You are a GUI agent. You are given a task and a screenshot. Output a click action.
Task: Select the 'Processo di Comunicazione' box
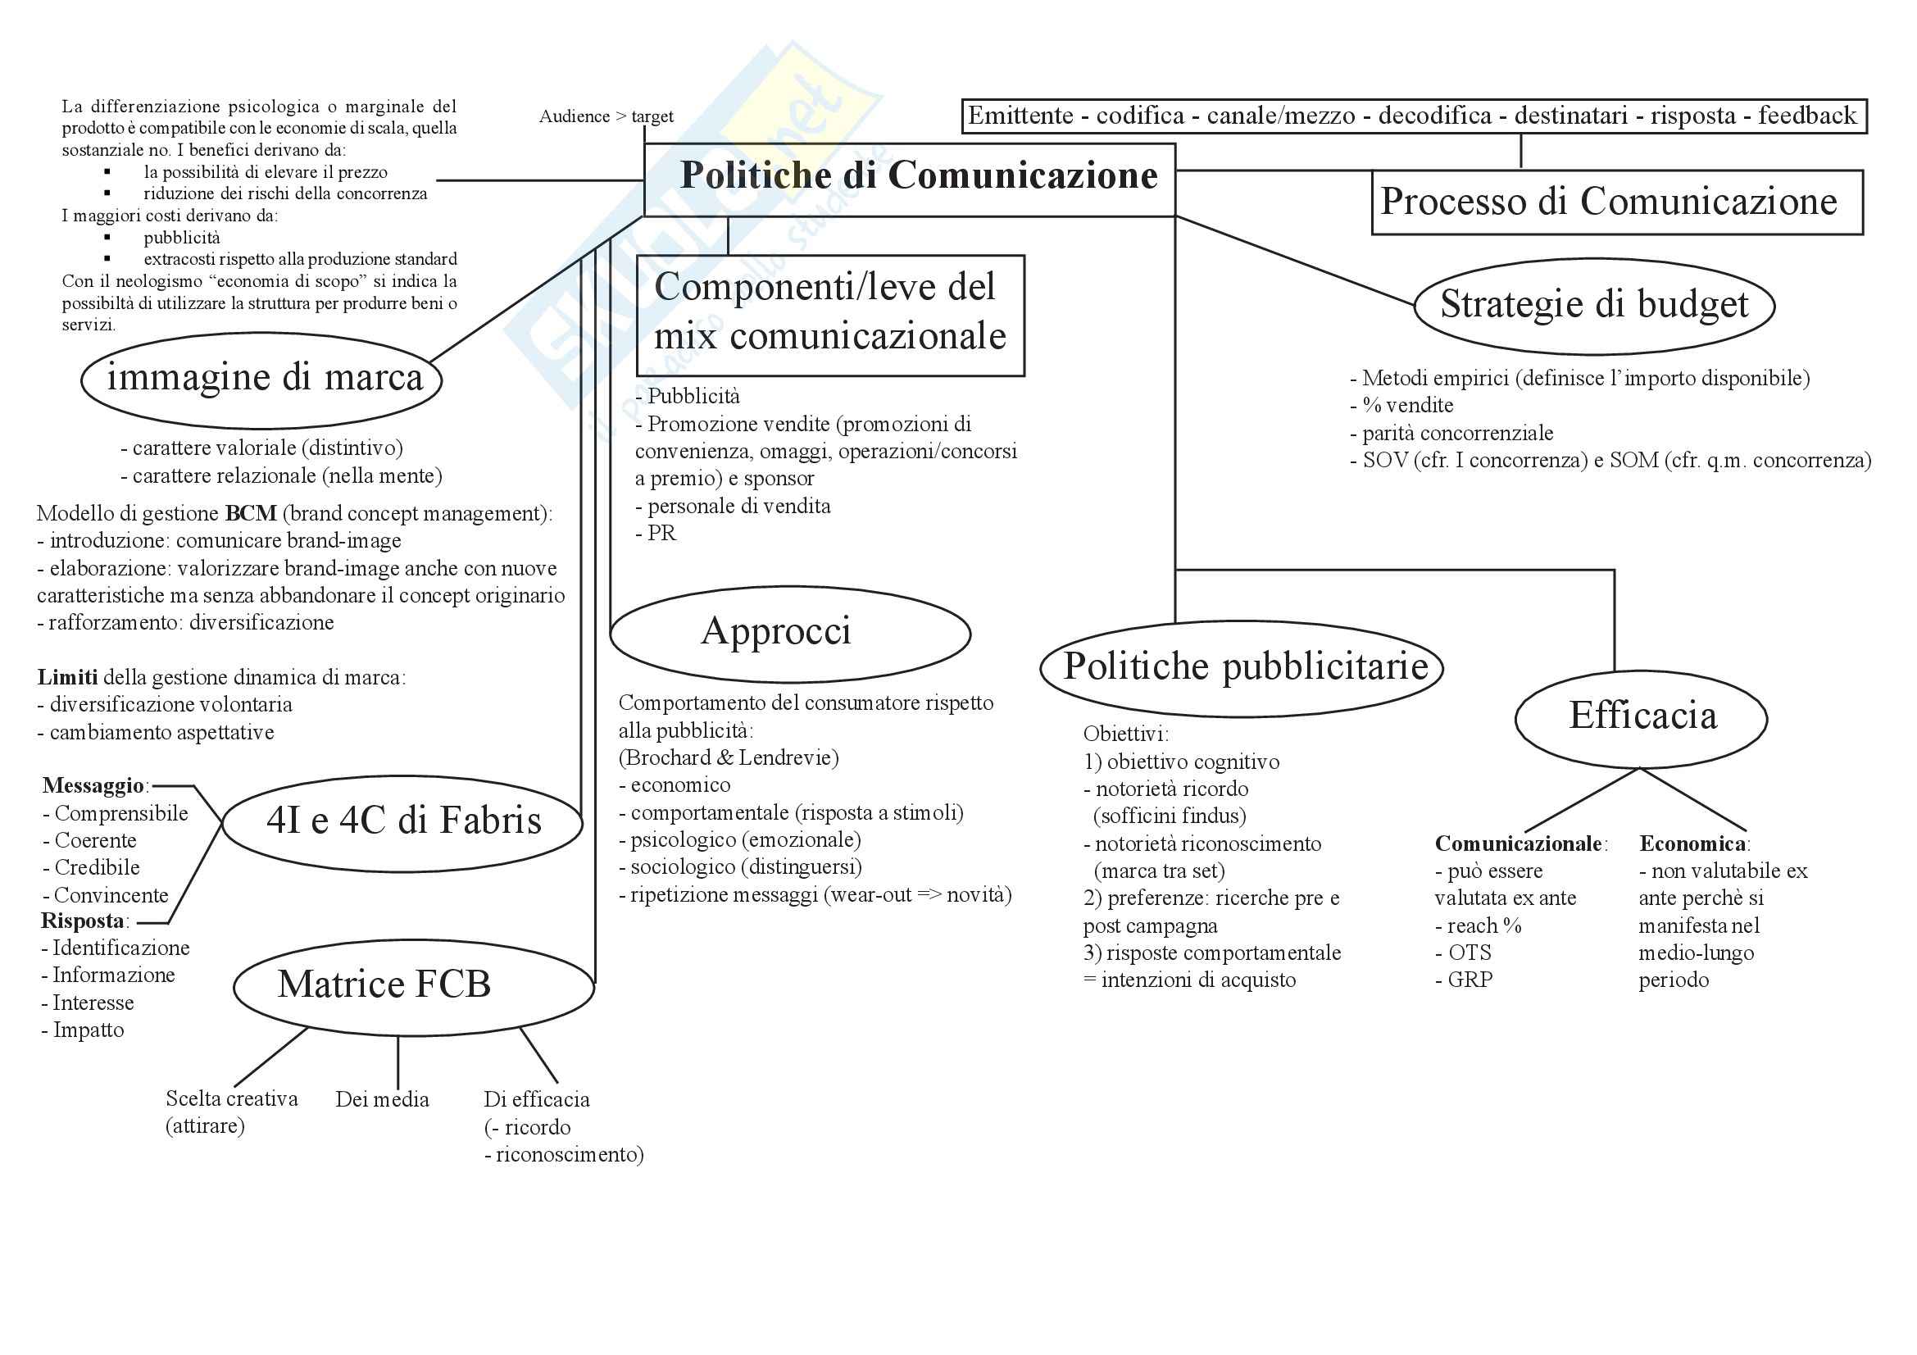pos(1616,202)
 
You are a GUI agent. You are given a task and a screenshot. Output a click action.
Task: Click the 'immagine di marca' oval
pos(262,380)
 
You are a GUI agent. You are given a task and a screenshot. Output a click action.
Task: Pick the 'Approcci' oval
pos(789,633)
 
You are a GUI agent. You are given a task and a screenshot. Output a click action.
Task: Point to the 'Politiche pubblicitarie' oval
pos(1242,668)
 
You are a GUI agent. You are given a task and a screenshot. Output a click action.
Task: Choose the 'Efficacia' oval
pos(1641,717)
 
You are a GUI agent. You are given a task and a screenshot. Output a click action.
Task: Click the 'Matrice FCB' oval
pos(413,986)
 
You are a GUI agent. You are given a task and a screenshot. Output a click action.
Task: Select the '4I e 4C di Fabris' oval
pos(403,821)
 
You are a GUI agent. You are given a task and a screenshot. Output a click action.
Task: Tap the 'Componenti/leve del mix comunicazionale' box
pos(830,315)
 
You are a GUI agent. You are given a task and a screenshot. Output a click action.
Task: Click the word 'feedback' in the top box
pos(1807,116)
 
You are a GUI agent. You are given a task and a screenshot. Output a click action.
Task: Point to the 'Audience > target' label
pos(606,117)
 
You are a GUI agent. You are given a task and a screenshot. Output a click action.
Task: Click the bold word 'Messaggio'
pos(93,785)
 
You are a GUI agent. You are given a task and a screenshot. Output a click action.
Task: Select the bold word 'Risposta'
pos(83,921)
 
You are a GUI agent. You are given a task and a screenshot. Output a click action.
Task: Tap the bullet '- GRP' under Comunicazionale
pos(1464,980)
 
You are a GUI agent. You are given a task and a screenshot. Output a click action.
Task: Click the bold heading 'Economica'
pos(1692,844)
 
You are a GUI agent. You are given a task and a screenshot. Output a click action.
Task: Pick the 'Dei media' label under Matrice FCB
pos(383,1099)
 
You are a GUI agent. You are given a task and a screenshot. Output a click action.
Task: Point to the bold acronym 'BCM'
pos(251,513)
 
